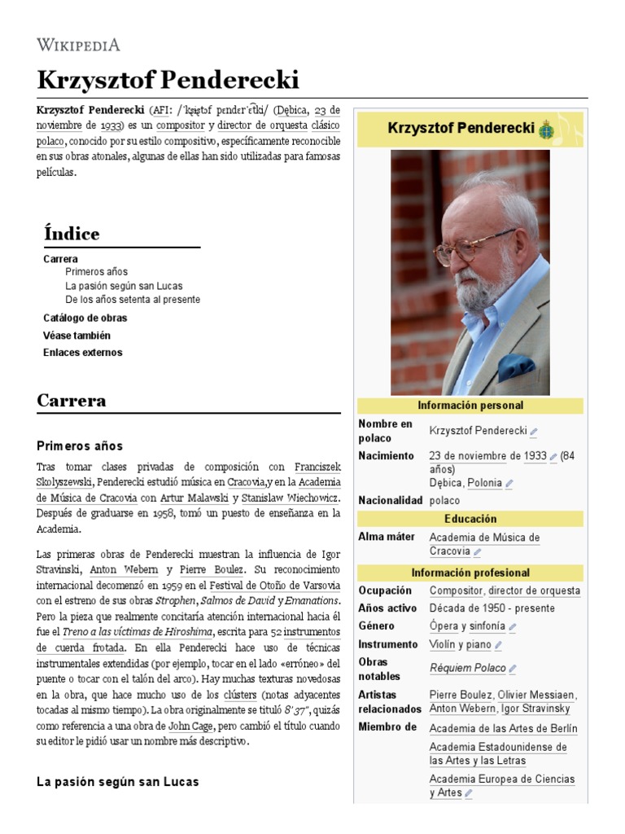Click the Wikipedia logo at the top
tap(79, 44)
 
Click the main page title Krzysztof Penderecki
tap(168, 80)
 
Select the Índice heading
tap(72, 234)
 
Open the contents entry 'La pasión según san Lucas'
tap(124, 286)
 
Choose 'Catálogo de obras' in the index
tap(85, 318)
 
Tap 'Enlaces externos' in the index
tap(82, 353)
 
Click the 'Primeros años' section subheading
tap(80, 446)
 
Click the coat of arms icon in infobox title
tap(545, 129)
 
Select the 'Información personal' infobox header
tap(470, 406)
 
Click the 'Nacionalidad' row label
tap(390, 500)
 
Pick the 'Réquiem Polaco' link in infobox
tap(467, 668)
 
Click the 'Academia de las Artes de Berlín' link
tap(503, 728)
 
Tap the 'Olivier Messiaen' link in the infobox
tap(536, 695)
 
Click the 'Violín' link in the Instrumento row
tap(442, 644)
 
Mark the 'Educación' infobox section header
tap(470, 519)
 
